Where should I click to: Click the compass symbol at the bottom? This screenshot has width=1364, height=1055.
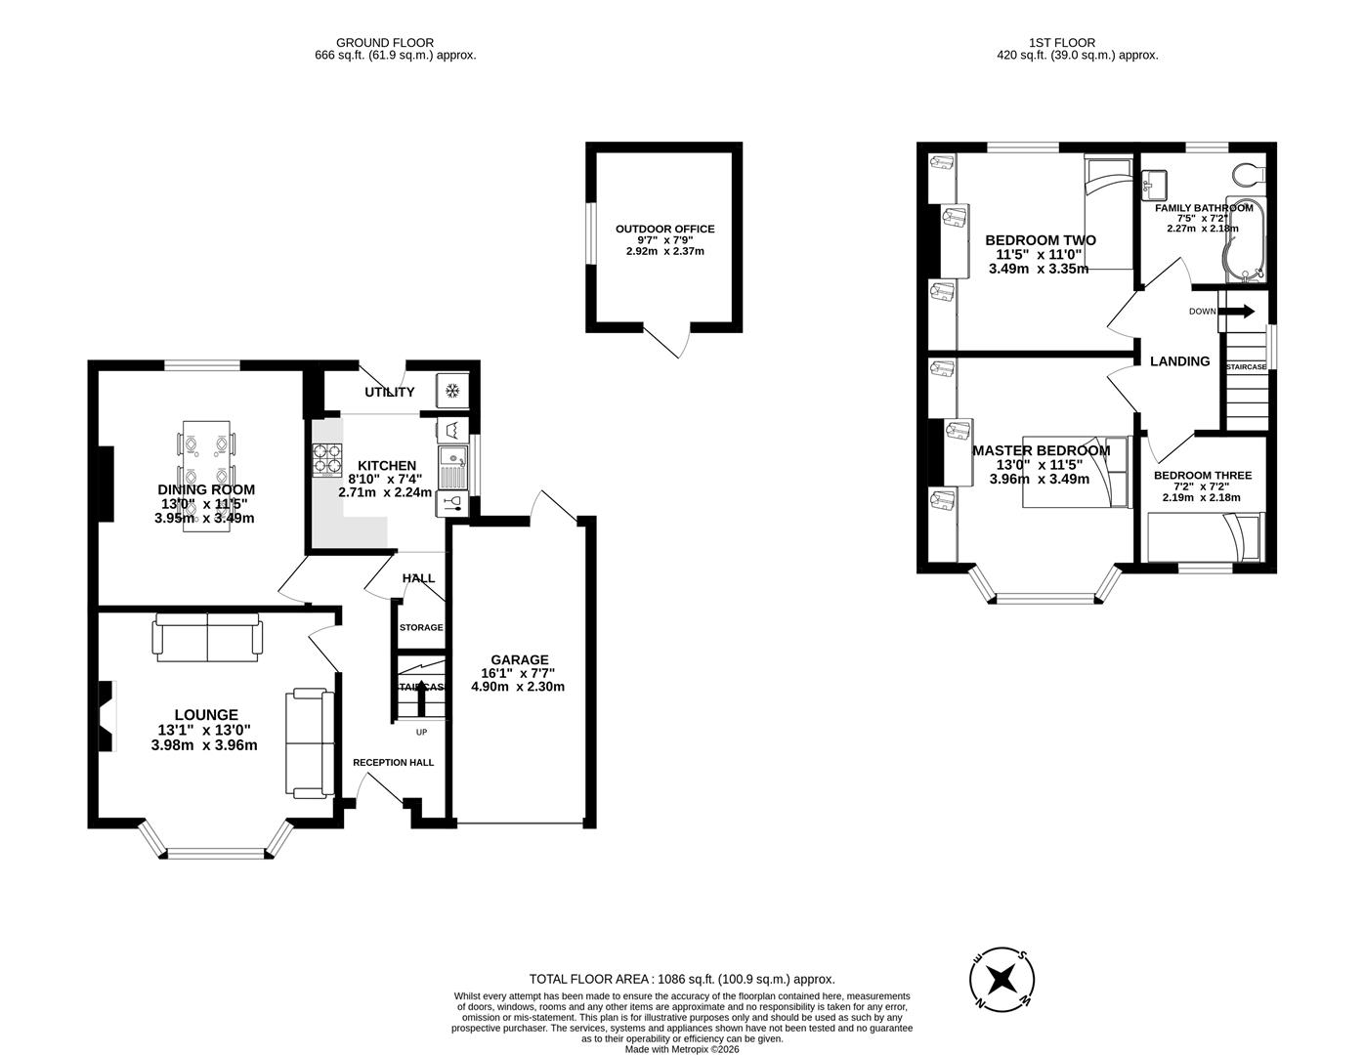point(1002,979)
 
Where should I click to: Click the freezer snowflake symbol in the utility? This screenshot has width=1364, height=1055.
point(451,392)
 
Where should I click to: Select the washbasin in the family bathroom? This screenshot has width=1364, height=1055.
point(1154,183)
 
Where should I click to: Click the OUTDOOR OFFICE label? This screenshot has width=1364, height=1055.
point(664,229)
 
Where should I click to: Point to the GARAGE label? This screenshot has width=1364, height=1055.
point(519,659)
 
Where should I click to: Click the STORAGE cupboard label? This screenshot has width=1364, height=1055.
point(421,627)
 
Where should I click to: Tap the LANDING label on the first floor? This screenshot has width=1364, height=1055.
point(1179,361)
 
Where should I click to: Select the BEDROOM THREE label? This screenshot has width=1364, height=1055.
point(1202,476)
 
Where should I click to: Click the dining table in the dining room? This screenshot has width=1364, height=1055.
point(207,473)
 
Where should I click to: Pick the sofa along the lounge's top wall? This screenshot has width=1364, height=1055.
point(207,637)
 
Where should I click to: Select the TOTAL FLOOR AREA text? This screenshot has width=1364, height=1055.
point(681,979)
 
